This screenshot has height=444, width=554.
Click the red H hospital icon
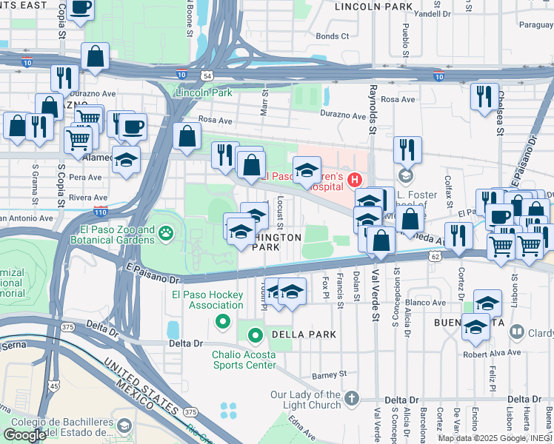pos(356,179)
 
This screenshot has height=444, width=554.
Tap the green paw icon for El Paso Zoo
pos(165,235)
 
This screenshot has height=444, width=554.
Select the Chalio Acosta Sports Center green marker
pos(256,336)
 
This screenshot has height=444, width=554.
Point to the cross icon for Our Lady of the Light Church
pos(351,399)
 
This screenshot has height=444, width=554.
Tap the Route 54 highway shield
pos(208,75)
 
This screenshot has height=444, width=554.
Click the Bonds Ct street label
pos(332,36)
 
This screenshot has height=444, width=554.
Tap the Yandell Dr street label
pos(434,13)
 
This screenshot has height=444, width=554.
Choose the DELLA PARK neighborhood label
pos(304,334)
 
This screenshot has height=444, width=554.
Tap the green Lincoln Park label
pos(204,92)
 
